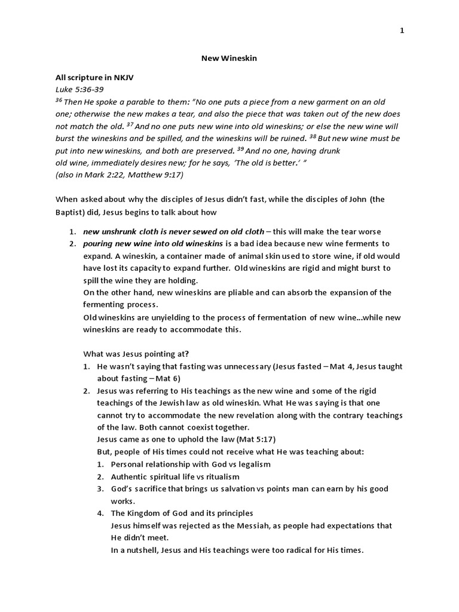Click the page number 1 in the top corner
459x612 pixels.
(402, 31)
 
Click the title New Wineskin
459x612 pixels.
(229, 59)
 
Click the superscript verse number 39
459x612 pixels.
(240, 148)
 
